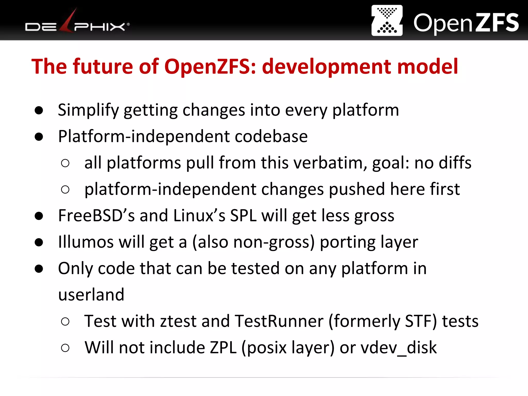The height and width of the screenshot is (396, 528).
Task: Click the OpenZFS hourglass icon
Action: coord(387,20)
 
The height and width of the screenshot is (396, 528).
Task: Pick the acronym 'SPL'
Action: coord(243,216)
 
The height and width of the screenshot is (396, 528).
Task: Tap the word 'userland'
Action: coord(91,295)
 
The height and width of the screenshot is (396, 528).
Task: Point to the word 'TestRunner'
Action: coord(279,321)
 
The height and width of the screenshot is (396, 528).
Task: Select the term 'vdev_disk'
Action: coord(399,348)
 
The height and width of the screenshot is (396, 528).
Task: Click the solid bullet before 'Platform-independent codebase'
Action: coord(39,137)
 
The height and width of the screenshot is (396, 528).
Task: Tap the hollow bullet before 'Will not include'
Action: coord(65,348)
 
